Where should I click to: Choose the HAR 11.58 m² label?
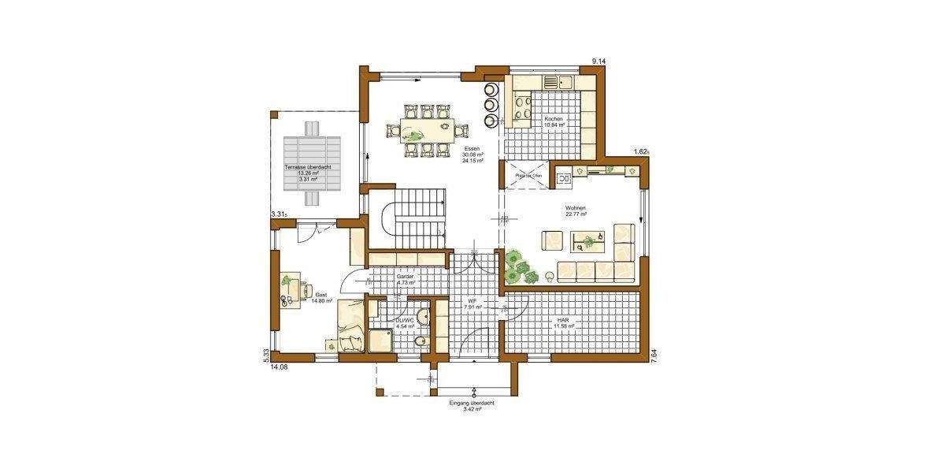coord(563,323)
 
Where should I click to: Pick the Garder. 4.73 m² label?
coord(406,279)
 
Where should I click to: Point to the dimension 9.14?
coord(599,61)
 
